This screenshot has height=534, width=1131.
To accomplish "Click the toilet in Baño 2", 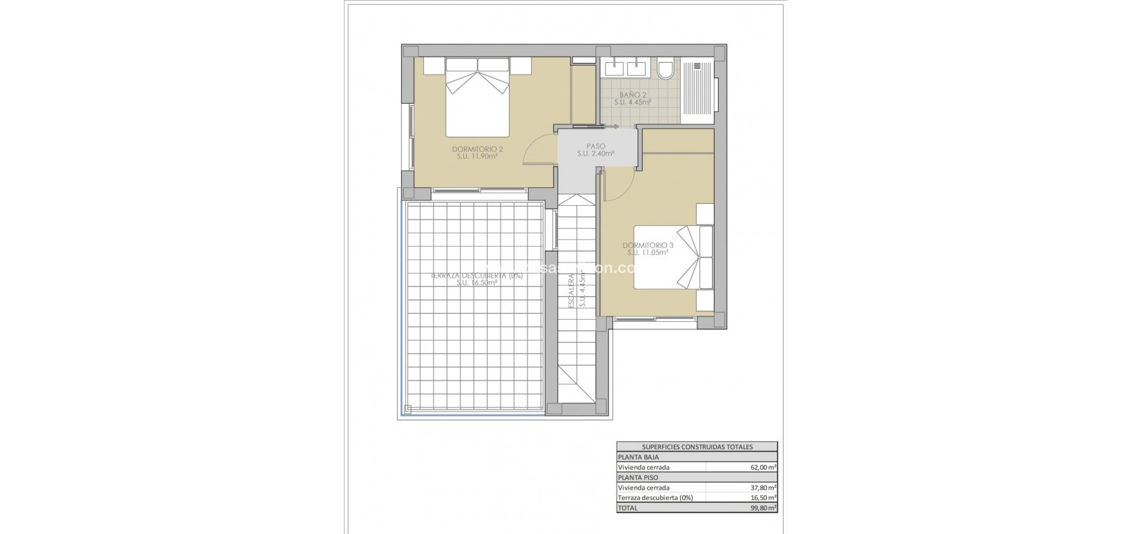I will pyautogui.click(x=666, y=69).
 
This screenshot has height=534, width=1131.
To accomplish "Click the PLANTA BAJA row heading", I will pyautogui.click(x=639, y=457).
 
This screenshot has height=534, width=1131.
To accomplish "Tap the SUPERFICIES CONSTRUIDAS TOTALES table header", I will pyautogui.click(x=697, y=447).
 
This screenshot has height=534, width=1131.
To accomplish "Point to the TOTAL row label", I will pyautogui.click(x=629, y=508).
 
